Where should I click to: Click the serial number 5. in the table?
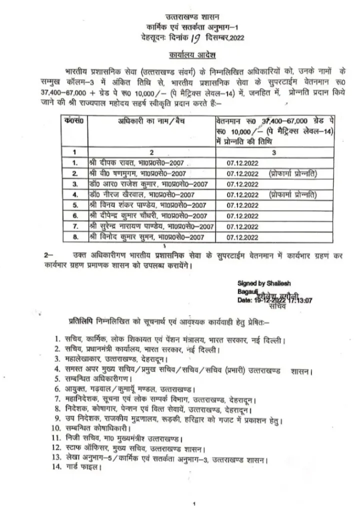74,205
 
